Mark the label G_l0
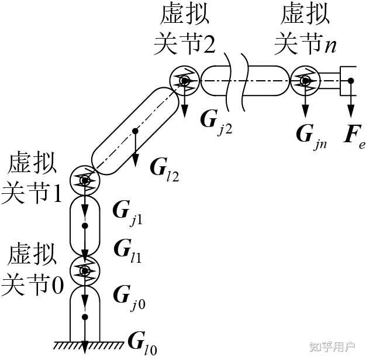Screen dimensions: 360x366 pyautogui.click(x=141, y=342)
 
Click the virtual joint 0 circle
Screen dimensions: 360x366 pyautogui.click(x=85, y=270)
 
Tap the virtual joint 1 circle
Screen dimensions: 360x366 pyautogui.click(x=85, y=180)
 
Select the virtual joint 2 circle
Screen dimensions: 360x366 pyautogui.click(x=185, y=80)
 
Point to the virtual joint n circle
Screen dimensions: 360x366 pyautogui.click(x=305, y=80)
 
